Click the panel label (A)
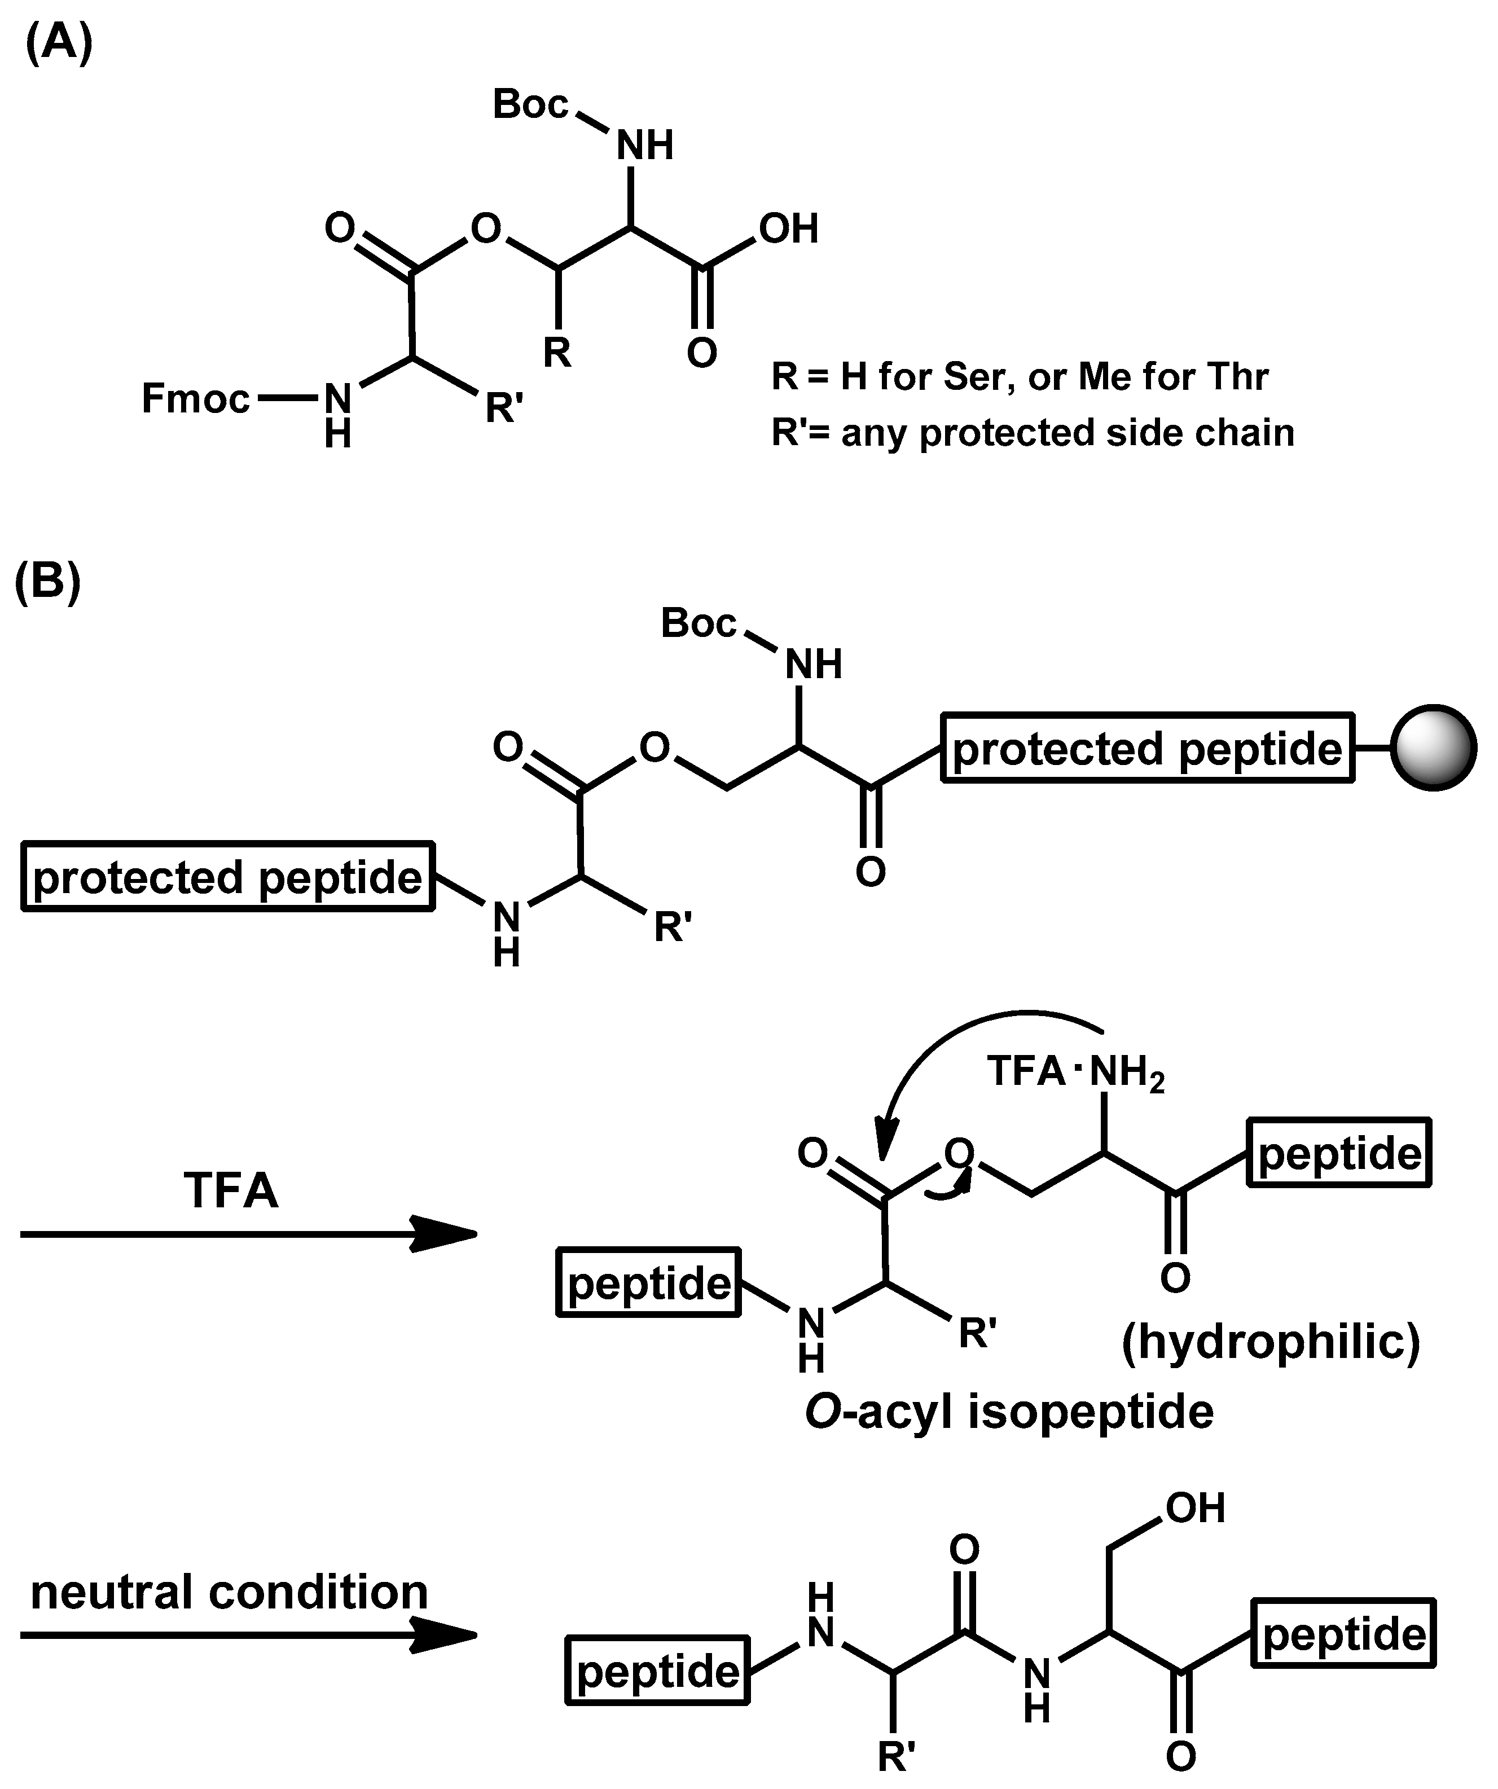click(59, 43)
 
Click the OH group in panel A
click(788, 228)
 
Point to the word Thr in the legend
click(1238, 376)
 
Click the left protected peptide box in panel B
click(227, 877)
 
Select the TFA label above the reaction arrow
click(231, 1191)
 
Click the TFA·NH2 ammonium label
click(1075, 1071)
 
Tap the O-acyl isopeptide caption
click(1009, 1412)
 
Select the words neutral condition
click(229, 1592)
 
